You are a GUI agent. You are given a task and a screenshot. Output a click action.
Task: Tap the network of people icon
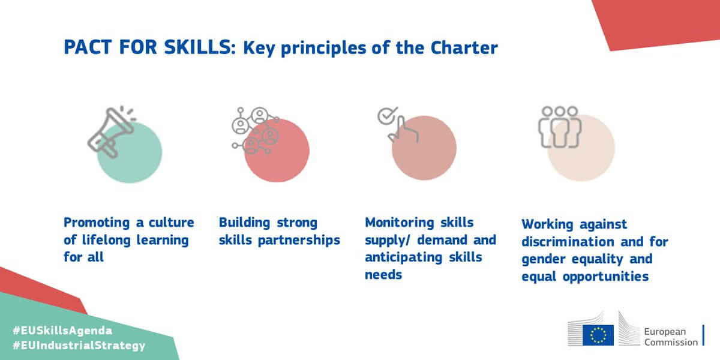pos(256,131)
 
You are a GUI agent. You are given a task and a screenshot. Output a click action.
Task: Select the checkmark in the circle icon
pos(387,116)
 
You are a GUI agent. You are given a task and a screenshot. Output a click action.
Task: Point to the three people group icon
pos(560,127)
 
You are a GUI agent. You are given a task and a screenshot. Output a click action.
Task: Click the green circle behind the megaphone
pos(130,152)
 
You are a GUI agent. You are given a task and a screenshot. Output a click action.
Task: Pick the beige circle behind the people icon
pos(581,148)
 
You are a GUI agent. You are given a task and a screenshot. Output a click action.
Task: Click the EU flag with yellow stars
pos(598,335)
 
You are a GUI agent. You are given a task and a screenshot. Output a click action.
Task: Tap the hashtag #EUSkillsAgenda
pos(62,331)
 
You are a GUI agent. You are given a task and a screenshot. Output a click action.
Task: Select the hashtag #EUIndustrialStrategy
pos(79,346)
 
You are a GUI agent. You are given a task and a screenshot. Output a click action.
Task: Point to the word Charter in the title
pos(464,47)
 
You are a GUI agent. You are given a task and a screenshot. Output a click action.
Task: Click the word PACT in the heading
pos(88,47)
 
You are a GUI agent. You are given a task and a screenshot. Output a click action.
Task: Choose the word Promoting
pos(97,223)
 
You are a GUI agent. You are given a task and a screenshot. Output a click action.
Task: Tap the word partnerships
pos(299,241)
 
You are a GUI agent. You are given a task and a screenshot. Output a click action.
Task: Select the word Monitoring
pos(400,223)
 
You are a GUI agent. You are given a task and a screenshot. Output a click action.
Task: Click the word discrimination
pos(568,241)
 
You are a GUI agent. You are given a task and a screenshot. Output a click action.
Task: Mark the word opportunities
pos(605,277)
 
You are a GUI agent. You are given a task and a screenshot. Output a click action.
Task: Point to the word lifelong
pos(106,240)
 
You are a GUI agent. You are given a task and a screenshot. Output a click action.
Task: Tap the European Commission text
pos(671,337)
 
